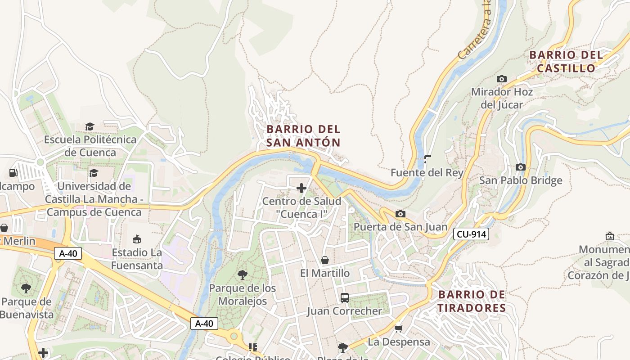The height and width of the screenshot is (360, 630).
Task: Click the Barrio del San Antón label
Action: [x=303, y=136]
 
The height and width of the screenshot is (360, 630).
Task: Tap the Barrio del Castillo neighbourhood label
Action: [x=566, y=62]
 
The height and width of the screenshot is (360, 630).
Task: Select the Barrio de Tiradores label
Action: [x=472, y=301]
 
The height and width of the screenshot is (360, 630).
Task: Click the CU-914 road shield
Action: [x=471, y=234]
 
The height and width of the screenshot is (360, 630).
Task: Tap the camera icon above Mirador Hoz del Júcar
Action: [x=501, y=79]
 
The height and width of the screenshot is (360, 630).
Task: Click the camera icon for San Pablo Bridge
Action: [x=520, y=167]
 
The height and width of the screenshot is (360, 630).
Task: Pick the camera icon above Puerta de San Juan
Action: [x=400, y=214]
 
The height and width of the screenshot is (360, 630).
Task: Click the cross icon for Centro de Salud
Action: [x=301, y=188]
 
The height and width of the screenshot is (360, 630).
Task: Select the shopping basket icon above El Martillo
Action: [x=325, y=260]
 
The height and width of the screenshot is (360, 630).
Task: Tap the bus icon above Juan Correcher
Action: [x=344, y=297]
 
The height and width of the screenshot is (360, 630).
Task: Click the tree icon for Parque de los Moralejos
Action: [x=242, y=274]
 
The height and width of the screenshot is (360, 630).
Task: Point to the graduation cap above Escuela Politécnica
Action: [x=90, y=126]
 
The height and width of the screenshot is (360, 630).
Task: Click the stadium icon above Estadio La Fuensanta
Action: [x=137, y=239]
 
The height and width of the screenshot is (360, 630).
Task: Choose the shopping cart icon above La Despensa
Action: [x=398, y=329]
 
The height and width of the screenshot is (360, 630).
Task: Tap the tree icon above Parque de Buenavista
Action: [x=26, y=288]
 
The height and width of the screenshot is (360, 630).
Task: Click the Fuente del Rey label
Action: [x=427, y=173]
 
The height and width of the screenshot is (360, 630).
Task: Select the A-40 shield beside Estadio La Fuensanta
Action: [x=68, y=254]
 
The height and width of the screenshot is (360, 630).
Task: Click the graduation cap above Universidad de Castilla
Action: [x=94, y=173]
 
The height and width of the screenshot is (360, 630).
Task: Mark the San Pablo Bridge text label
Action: [x=520, y=181]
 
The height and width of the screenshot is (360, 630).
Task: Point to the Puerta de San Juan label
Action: [x=400, y=227]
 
